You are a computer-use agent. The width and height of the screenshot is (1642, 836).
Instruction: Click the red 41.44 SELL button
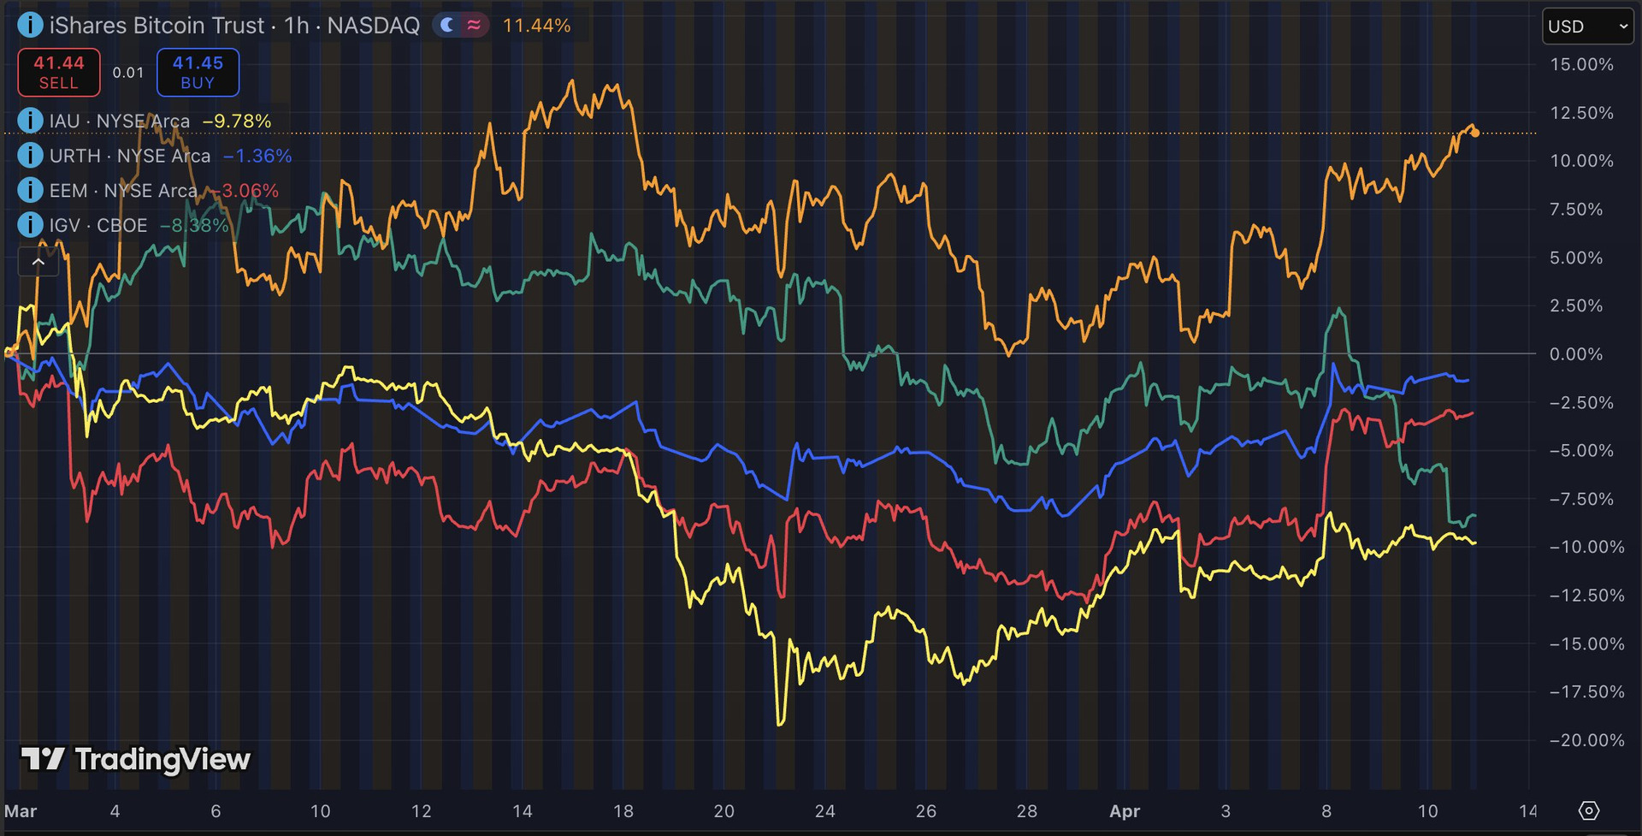(59, 73)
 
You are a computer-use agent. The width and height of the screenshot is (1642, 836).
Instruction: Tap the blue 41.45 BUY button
(198, 73)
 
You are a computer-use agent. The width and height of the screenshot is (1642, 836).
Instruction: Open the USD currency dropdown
(1587, 27)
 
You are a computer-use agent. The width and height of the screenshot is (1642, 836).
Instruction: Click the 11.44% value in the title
(536, 26)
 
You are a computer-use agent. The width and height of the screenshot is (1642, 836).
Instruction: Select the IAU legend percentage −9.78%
(237, 122)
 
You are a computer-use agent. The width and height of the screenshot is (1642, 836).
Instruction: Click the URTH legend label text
(129, 156)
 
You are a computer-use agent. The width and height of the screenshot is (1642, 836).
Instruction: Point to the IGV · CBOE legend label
(97, 225)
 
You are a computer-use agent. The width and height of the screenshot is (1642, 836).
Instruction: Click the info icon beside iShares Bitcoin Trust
(30, 25)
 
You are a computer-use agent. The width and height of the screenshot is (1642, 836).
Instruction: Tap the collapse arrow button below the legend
(38, 262)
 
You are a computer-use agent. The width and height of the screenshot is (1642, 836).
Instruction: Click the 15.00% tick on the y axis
(1581, 65)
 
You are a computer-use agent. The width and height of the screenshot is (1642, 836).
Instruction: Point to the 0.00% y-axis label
(1575, 354)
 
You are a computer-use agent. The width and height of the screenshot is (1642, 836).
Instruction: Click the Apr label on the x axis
(1124, 811)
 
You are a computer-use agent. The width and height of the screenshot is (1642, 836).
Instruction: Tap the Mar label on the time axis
(21, 811)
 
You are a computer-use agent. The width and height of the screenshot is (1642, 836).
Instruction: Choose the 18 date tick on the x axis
(623, 811)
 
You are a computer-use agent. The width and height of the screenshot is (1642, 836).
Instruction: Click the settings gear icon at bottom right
(1588, 810)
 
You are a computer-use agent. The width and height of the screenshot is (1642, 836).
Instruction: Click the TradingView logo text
(162, 760)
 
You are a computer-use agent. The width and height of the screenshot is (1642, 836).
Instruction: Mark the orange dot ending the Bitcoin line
(1475, 133)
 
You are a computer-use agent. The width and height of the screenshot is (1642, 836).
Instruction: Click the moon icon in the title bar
(446, 26)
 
